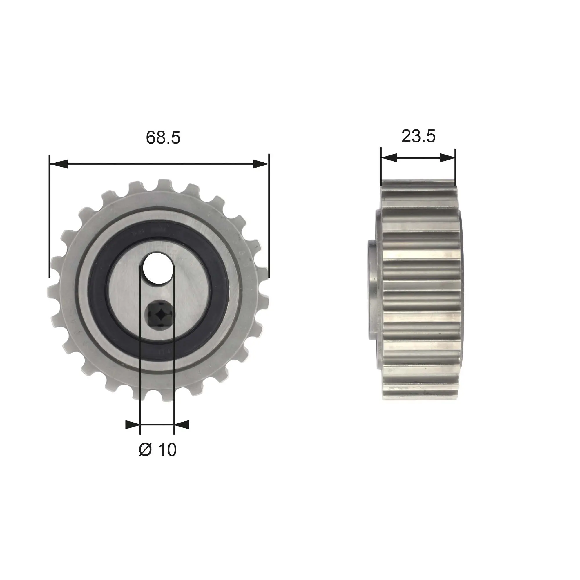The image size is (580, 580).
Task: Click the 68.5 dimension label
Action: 163,137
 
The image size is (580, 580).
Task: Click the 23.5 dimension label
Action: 418,136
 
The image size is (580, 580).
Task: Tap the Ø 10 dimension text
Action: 157,450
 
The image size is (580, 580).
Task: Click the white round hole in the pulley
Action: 158,268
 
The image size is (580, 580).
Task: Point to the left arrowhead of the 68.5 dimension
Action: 59,164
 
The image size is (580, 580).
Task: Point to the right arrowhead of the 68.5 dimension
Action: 261,164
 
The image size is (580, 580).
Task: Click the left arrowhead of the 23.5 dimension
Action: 389,158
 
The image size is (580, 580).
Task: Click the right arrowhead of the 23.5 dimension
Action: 447,158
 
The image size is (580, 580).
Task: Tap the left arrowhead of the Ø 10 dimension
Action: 133,425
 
